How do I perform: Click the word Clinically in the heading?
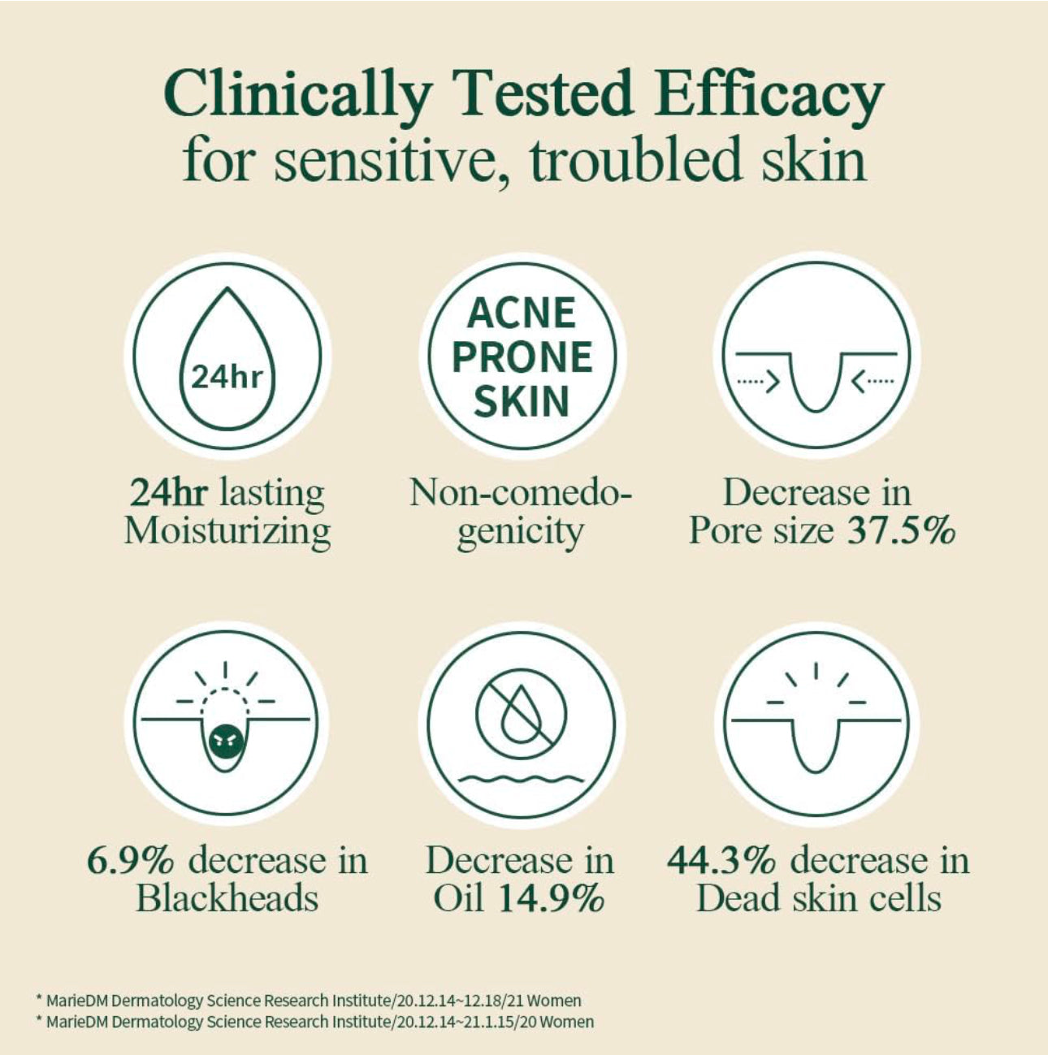click(x=296, y=94)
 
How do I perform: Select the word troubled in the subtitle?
click(x=635, y=159)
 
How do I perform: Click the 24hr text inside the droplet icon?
click(x=227, y=377)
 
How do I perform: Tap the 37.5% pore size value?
click(x=901, y=531)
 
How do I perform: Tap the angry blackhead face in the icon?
click(x=226, y=741)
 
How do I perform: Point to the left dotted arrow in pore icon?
click(x=757, y=378)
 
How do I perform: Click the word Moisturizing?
click(x=227, y=531)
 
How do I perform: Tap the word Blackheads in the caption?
click(x=227, y=899)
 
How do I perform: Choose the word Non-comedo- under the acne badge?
click(x=520, y=493)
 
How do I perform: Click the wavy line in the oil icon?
click(x=520, y=780)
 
